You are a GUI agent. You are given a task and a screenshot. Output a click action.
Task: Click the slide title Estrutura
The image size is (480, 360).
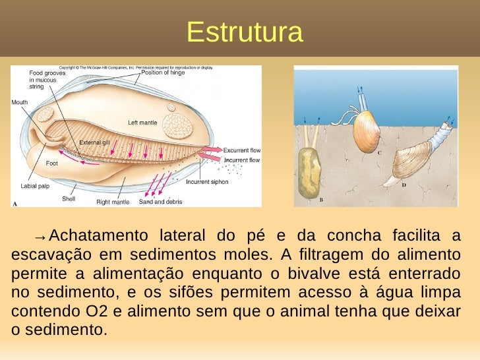(245, 32)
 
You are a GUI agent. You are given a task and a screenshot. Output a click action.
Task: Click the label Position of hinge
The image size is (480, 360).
(163, 73)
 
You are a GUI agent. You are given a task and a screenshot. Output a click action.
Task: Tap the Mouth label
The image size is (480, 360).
(20, 102)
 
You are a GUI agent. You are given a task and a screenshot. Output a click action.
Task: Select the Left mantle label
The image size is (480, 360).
(142, 123)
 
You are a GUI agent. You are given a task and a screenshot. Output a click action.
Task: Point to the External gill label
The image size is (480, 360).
(95, 143)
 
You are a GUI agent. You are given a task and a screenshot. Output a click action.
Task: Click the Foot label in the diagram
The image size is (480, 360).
(51, 163)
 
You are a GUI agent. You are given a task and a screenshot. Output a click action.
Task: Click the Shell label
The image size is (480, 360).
(69, 198)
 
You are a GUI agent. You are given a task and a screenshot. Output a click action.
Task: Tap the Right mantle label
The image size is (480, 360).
(113, 202)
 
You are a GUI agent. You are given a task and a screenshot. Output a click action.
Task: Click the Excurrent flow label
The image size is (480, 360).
(241, 150)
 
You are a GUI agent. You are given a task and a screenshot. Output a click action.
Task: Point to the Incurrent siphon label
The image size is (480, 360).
(207, 182)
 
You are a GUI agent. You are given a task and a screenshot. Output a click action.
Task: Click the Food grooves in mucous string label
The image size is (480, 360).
(42, 79)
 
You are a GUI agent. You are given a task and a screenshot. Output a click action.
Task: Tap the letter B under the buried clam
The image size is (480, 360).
(321, 198)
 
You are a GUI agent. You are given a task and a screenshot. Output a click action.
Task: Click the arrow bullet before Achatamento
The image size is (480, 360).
(41, 236)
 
